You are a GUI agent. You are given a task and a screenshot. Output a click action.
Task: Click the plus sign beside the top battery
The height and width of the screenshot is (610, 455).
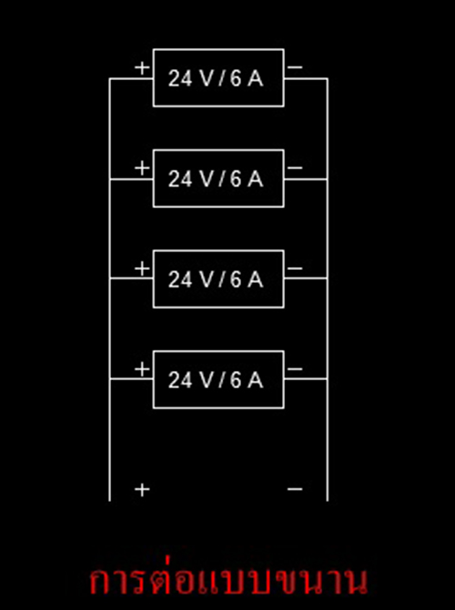tap(142, 68)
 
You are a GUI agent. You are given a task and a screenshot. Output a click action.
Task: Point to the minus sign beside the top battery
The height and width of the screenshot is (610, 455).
tap(295, 67)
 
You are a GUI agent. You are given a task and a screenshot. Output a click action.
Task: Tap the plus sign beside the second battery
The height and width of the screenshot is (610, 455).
tap(142, 168)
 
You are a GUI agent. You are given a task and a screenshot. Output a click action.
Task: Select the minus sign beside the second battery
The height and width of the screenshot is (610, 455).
tap(295, 168)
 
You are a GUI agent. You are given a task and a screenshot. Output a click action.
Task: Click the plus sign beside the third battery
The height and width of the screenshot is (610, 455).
tap(142, 269)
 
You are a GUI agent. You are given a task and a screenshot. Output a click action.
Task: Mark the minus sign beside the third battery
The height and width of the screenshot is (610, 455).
tap(295, 268)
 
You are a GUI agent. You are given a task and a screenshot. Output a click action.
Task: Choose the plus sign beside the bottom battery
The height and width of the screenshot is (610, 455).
tap(142, 369)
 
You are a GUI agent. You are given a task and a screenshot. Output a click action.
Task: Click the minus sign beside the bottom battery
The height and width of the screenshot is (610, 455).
tap(295, 369)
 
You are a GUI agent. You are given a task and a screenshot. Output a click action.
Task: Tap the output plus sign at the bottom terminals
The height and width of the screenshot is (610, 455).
tap(142, 489)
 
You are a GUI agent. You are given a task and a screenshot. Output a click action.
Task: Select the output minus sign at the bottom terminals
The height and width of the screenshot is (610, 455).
tap(295, 489)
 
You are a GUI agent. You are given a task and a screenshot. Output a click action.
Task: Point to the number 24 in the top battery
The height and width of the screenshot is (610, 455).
tap(180, 79)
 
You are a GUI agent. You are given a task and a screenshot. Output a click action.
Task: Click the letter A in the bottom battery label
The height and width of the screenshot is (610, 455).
tap(255, 380)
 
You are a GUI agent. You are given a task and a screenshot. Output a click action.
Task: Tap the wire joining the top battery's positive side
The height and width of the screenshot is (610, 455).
tap(131, 78)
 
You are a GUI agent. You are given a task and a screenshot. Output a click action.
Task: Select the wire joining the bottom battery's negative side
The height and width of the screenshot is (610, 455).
tap(306, 378)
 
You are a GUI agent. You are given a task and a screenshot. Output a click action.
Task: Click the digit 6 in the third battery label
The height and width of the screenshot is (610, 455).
tap(236, 280)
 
